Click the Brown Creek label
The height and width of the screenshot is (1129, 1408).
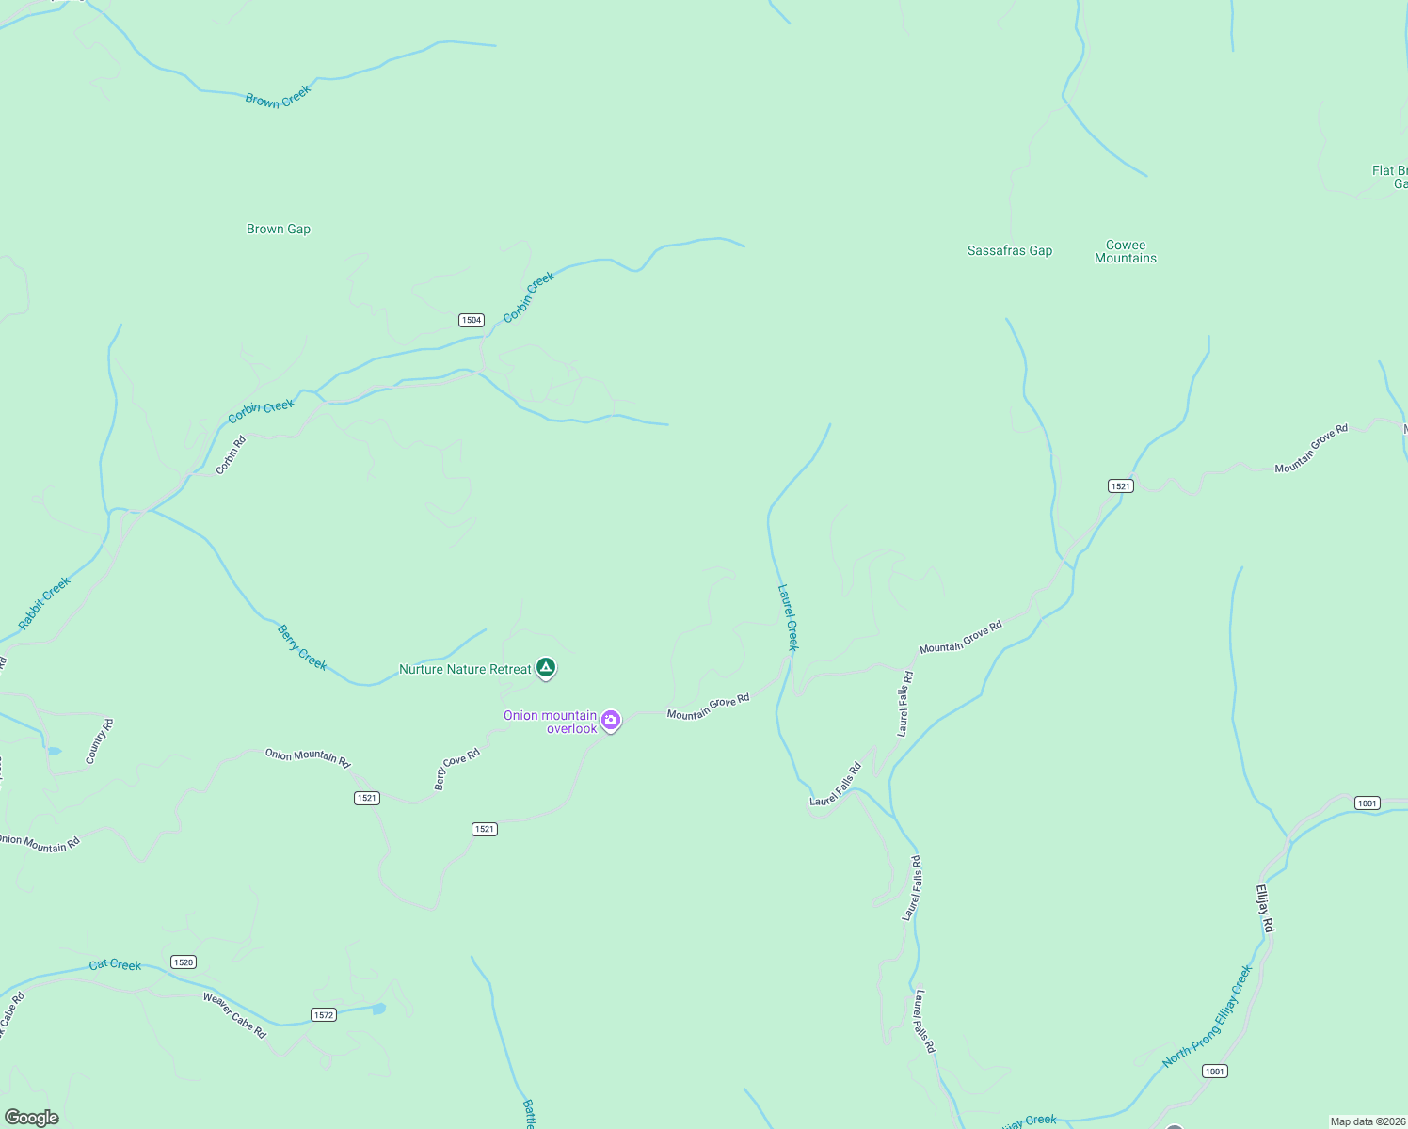coord(278,97)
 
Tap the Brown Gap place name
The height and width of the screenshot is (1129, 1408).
coord(279,229)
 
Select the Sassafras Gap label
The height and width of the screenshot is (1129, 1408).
coord(1010,250)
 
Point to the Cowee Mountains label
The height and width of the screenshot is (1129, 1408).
coord(1126,251)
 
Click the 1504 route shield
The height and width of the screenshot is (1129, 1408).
coord(472,320)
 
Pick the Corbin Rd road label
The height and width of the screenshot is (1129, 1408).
coord(231,454)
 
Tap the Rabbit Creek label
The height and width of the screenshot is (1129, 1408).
coord(44,603)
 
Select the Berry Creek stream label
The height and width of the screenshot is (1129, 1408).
coord(302,647)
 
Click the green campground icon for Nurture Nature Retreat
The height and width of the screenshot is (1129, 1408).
coord(546,668)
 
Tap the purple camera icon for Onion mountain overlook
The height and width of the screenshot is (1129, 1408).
coord(611,721)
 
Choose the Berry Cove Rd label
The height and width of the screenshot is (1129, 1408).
coord(456,769)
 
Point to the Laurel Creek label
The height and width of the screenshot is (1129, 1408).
coord(789,618)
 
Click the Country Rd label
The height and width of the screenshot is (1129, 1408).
coord(99,741)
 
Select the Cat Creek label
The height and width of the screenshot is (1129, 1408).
coord(115,964)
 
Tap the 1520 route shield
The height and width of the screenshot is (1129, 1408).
coord(184,962)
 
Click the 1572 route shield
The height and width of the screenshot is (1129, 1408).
coord(324,1015)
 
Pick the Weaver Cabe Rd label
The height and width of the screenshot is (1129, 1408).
coord(235,1015)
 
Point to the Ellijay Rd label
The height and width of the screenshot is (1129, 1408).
coord(1265,908)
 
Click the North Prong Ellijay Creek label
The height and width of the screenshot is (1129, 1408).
coord(1208,1016)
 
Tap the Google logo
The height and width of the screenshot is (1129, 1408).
coord(32,1118)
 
